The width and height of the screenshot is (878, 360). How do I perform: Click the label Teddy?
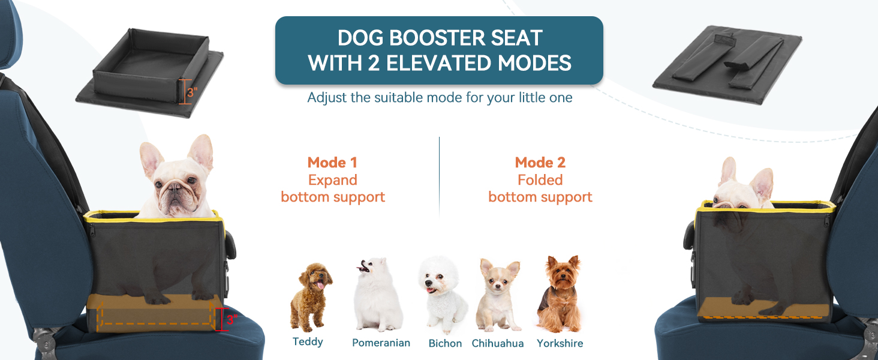point(308,342)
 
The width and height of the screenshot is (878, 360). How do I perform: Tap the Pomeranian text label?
point(381,343)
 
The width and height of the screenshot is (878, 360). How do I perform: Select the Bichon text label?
point(445,344)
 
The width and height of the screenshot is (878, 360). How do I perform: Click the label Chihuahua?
point(498,344)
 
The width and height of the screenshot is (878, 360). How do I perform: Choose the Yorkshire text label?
point(560,344)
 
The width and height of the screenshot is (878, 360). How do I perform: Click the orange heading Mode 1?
point(332,163)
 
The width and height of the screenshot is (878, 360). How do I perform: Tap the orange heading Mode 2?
point(540,163)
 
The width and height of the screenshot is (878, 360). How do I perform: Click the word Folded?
point(540,180)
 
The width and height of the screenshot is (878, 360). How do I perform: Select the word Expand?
point(332,180)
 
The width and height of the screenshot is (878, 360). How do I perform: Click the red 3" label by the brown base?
point(231,320)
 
